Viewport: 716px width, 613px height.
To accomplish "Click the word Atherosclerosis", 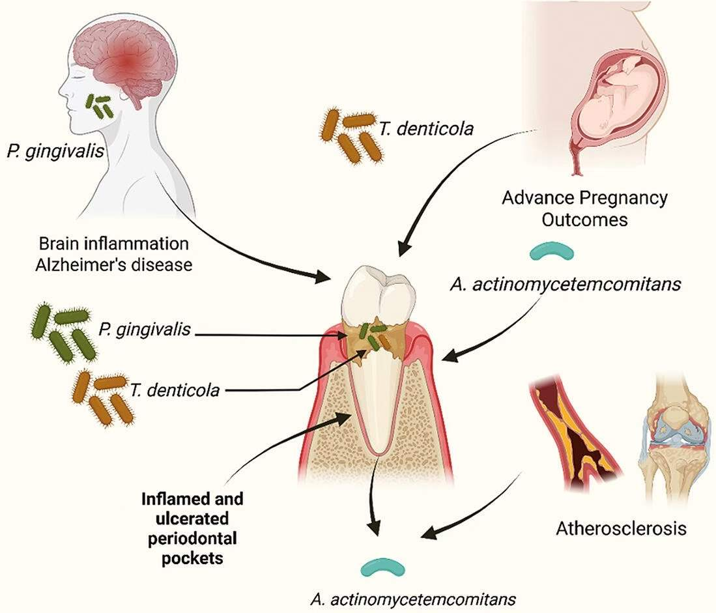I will (x=620, y=528).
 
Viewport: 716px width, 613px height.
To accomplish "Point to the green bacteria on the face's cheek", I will (x=100, y=106).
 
